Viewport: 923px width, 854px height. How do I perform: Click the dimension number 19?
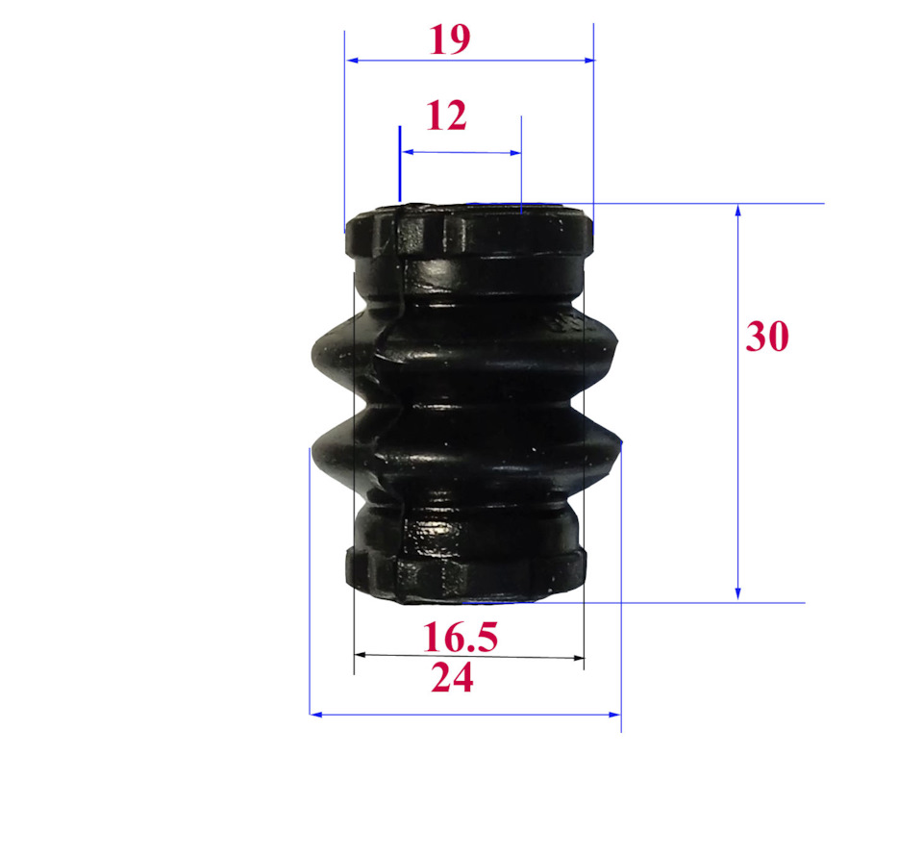[x=450, y=40]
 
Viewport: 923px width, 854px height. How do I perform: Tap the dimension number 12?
[x=446, y=115]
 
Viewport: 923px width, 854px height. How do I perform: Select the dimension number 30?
[x=766, y=337]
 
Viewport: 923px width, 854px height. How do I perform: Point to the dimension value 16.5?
[x=461, y=638]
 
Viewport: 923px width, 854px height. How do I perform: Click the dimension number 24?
[x=452, y=678]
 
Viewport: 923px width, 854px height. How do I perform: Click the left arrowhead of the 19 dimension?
[x=353, y=60]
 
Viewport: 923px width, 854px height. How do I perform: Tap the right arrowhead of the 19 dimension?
[x=588, y=60]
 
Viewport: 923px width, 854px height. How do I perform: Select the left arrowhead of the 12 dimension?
[x=408, y=152]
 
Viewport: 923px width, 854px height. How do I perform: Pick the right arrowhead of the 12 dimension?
[x=515, y=153]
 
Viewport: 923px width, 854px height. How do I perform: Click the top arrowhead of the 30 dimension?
[x=737, y=211]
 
